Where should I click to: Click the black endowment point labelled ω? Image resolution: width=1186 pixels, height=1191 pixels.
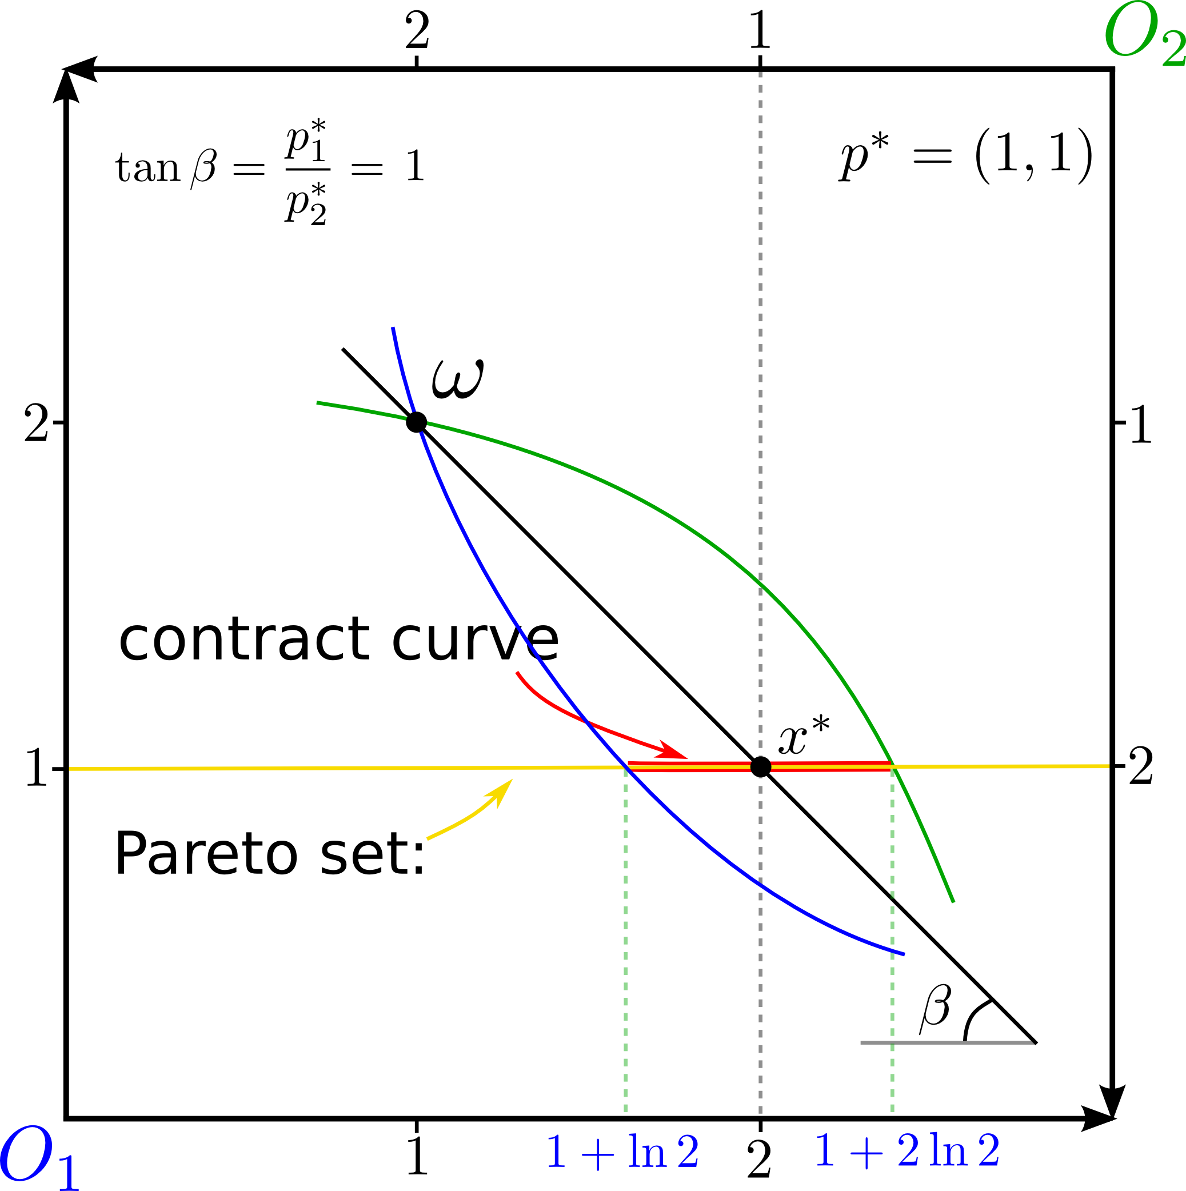pyautogui.click(x=417, y=422)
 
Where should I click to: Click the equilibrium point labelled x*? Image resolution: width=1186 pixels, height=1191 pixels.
pyautogui.click(x=761, y=766)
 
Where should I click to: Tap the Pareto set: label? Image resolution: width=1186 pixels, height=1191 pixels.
pyautogui.click(x=269, y=854)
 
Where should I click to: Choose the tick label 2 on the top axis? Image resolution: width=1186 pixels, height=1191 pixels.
pyautogui.click(x=417, y=31)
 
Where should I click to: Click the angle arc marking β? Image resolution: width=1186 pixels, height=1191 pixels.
pyautogui.click(x=973, y=1020)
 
